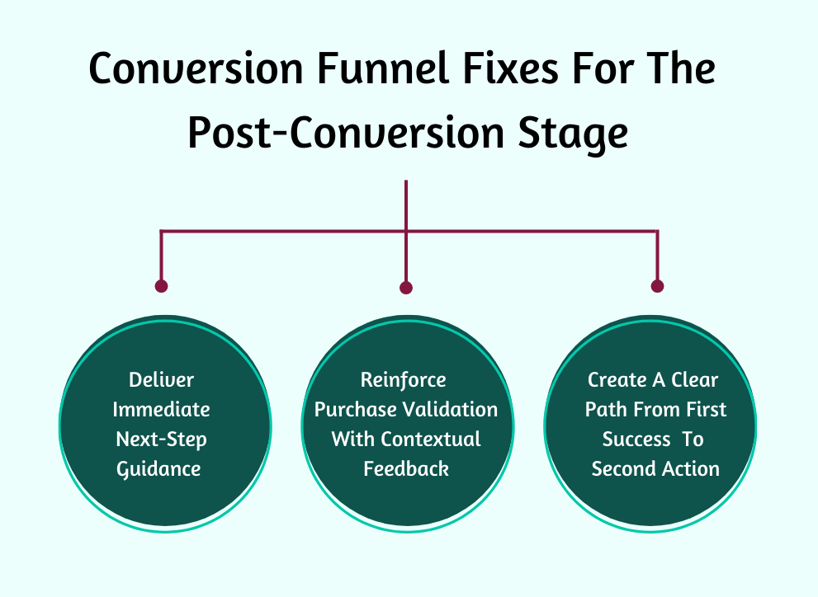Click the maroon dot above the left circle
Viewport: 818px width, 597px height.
pyautogui.click(x=161, y=286)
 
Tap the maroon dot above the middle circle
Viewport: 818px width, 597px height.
pyautogui.click(x=406, y=288)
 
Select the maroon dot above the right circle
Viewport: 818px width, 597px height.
pyautogui.click(x=657, y=286)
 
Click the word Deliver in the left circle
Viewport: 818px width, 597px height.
pyautogui.click(x=162, y=380)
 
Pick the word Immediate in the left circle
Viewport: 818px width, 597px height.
pyautogui.click(x=162, y=410)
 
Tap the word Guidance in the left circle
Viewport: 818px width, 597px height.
pyautogui.click(x=159, y=469)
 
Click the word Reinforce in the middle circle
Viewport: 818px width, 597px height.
pyautogui.click(x=404, y=380)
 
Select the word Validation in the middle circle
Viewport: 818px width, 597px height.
pyautogui.click(x=452, y=410)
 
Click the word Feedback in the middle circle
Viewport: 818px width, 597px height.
pyautogui.click(x=406, y=469)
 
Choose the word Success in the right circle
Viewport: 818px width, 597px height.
pyautogui.click(x=636, y=440)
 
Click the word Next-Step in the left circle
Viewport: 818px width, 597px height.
pyautogui.click(x=162, y=440)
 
